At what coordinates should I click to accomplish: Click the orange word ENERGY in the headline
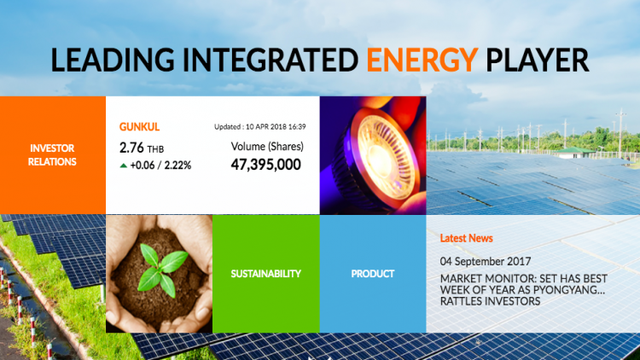[422, 60]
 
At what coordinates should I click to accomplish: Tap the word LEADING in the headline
[113, 60]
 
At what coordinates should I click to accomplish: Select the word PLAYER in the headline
[537, 60]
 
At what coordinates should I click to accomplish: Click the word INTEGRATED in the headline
[271, 60]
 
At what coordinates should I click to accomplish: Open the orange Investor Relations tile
[53, 155]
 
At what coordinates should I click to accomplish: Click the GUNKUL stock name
[139, 127]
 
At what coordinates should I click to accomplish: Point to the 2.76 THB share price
[141, 148]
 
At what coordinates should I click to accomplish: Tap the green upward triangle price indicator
[123, 165]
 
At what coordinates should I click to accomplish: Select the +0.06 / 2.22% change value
[160, 165]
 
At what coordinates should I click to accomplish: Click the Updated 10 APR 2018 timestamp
[260, 127]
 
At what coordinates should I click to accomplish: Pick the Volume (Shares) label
[267, 147]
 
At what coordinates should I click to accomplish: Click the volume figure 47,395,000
[265, 165]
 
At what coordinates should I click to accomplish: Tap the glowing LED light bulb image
[373, 155]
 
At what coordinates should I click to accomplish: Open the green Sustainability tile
[265, 274]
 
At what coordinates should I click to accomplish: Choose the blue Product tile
[373, 274]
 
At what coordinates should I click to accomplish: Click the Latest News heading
[466, 238]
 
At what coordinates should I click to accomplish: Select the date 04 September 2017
[486, 261]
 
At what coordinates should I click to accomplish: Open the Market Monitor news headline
[524, 290]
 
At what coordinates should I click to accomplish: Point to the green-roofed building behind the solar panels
[575, 153]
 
